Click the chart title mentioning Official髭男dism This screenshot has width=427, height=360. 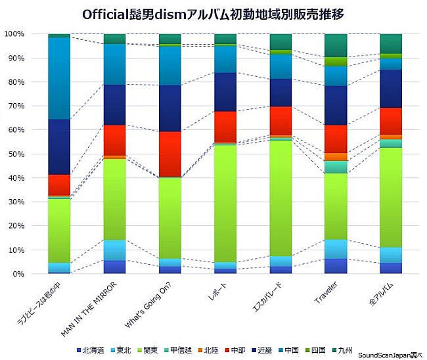click(213, 14)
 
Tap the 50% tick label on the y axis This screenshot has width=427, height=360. click(14, 154)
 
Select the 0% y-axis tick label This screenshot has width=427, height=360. click(17, 274)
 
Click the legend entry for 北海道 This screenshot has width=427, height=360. click(93, 351)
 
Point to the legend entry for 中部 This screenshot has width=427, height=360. click(236, 351)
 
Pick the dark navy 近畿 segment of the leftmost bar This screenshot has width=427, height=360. click(59, 146)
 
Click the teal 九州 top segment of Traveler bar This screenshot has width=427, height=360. click(336, 45)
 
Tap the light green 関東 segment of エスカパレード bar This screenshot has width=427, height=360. click(281, 197)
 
